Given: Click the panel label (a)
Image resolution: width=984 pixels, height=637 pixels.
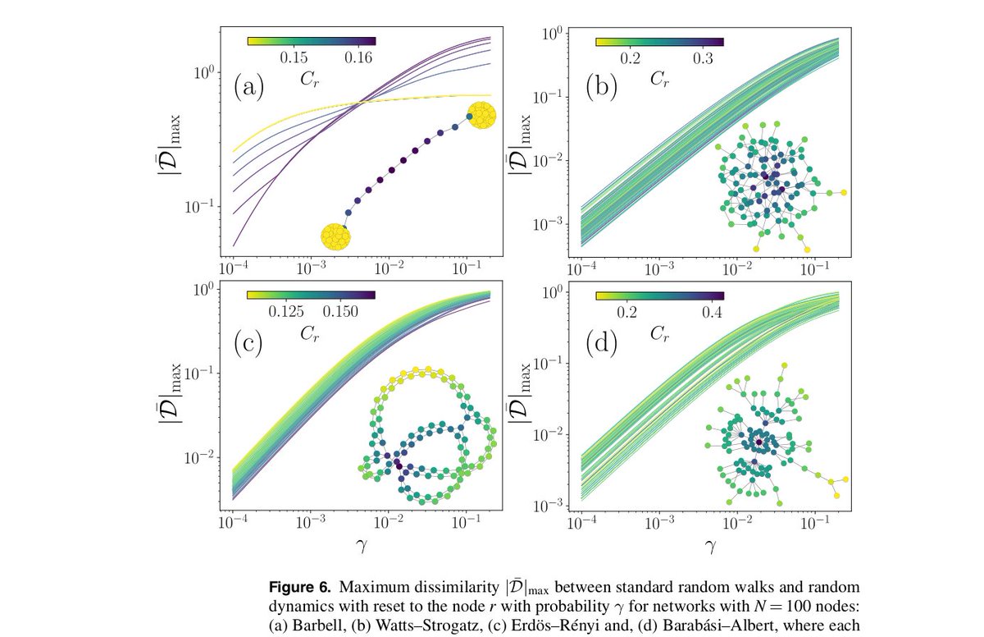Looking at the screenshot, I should click(x=248, y=85).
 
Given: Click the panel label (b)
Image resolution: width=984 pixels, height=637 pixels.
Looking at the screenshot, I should click(x=604, y=86).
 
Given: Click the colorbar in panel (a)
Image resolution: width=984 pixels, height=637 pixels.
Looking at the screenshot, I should click(x=311, y=39).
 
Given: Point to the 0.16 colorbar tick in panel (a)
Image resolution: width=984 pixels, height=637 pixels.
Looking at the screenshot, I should click(x=359, y=57).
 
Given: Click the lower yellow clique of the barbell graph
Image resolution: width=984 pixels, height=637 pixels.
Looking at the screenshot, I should click(x=336, y=236).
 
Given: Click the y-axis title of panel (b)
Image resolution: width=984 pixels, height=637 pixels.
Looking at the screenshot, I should click(x=518, y=140).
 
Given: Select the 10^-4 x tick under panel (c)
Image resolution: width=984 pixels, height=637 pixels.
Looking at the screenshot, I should click(x=233, y=524).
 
